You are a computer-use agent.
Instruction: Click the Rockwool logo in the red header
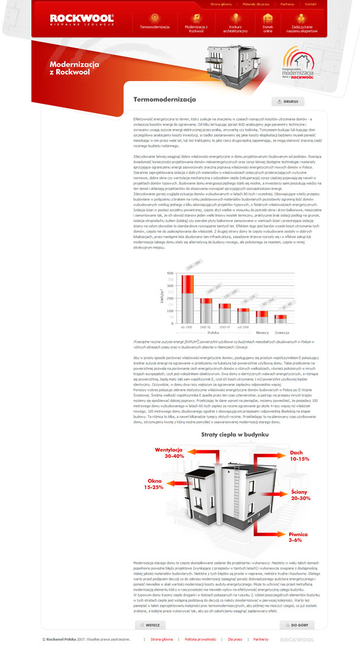(x=81, y=20)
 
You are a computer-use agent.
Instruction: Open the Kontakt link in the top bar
(x=310, y=4)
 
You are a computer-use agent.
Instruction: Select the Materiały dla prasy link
(x=256, y=4)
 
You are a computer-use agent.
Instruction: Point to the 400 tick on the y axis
(x=171, y=273)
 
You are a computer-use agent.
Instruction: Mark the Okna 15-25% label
(x=153, y=483)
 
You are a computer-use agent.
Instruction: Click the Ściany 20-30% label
(x=301, y=495)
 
